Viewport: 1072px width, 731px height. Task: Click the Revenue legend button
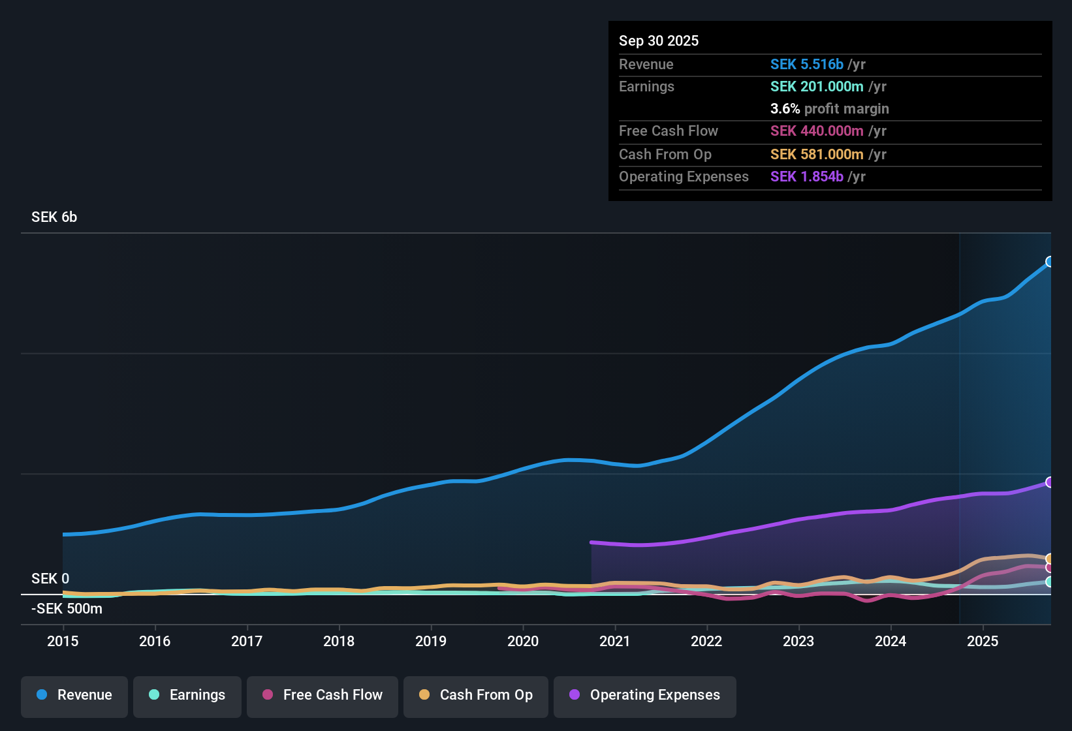[x=74, y=696]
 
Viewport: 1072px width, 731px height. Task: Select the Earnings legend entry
[x=187, y=696]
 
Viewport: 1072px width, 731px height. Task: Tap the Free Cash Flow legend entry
[x=323, y=696]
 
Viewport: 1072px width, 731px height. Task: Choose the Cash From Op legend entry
[x=476, y=696]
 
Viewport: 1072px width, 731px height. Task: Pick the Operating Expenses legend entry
[x=645, y=696]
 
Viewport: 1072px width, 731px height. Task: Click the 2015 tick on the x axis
[x=63, y=641]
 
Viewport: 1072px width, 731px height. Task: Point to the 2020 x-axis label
[x=523, y=641]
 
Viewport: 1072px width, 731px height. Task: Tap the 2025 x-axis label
[x=983, y=641]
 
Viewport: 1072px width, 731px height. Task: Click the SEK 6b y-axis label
[x=54, y=217]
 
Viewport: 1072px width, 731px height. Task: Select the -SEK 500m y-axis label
[x=67, y=609]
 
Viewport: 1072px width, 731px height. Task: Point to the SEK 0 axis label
[x=50, y=579]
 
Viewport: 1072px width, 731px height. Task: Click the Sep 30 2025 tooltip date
[x=659, y=41]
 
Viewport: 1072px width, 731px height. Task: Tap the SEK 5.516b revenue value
[x=807, y=65]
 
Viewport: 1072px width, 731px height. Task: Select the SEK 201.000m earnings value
[x=817, y=87]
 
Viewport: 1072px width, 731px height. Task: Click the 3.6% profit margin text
[x=829, y=109]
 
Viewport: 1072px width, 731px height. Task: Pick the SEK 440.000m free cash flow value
[x=817, y=131]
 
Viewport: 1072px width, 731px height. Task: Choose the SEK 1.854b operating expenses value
[x=807, y=177]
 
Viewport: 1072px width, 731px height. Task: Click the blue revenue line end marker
[x=1050, y=262]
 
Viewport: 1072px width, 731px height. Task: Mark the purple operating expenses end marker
[x=1050, y=482]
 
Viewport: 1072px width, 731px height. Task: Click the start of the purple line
[x=591, y=542]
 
